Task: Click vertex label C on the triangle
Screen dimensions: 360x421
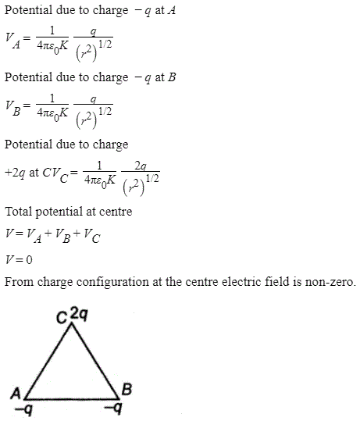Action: (x=62, y=318)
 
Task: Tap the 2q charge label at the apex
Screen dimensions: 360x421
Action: (x=79, y=314)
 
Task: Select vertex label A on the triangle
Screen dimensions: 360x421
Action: (x=16, y=394)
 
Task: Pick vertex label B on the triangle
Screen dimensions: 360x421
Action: (x=127, y=389)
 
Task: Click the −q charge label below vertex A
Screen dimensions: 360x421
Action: (x=24, y=410)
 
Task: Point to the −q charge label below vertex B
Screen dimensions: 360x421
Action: (x=113, y=408)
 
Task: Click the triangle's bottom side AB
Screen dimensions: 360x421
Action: (x=72, y=398)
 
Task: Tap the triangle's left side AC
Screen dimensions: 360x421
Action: (x=48, y=361)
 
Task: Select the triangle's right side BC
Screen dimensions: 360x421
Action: (x=95, y=361)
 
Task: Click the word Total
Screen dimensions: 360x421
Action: (x=19, y=212)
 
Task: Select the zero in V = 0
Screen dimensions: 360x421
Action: (x=29, y=259)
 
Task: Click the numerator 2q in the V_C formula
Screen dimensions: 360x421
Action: (x=141, y=166)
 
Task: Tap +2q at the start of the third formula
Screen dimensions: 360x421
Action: (x=15, y=173)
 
